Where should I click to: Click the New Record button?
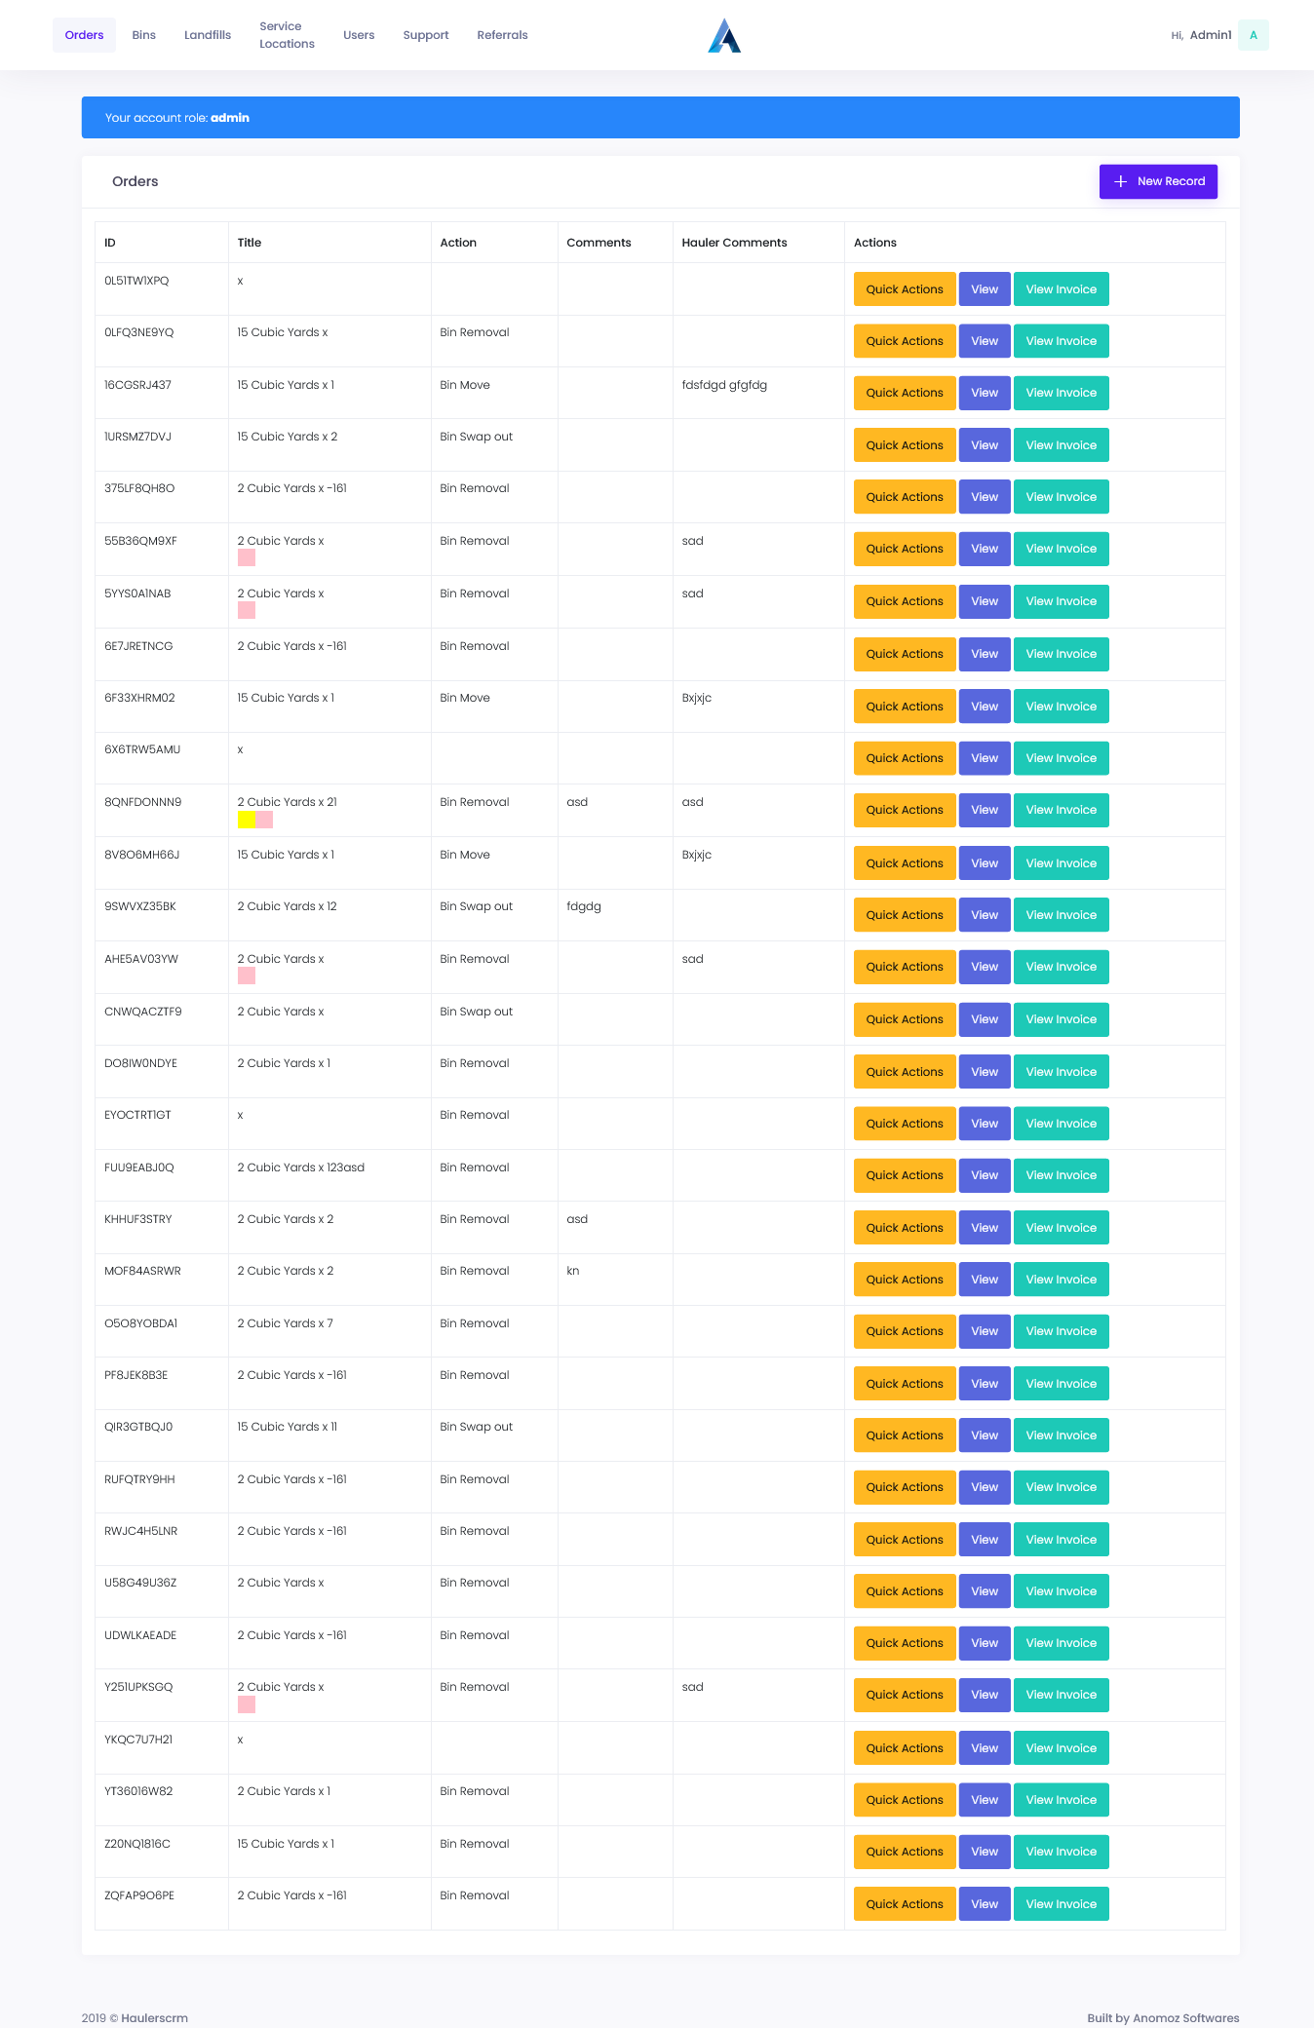pos(1158,181)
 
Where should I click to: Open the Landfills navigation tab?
pos(208,35)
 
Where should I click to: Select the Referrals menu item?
pos(502,35)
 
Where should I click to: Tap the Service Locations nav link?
pos(287,35)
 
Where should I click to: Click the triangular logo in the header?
pos(724,36)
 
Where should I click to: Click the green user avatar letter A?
pos(1253,35)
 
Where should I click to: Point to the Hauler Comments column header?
pos(734,243)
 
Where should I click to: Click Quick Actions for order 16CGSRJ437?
pos(904,393)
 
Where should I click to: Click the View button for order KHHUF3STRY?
pos(984,1228)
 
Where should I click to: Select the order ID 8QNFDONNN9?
pos(142,802)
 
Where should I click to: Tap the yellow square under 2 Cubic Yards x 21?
pos(246,820)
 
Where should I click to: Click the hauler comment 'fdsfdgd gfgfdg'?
pos(724,385)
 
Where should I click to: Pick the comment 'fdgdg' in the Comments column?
pos(583,906)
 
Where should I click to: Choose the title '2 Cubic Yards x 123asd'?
pos(300,1167)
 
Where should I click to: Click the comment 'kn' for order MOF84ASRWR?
pos(573,1271)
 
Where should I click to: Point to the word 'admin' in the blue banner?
pos(230,118)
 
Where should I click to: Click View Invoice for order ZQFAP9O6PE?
pos(1061,1904)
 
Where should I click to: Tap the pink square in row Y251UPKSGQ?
pos(247,1704)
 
